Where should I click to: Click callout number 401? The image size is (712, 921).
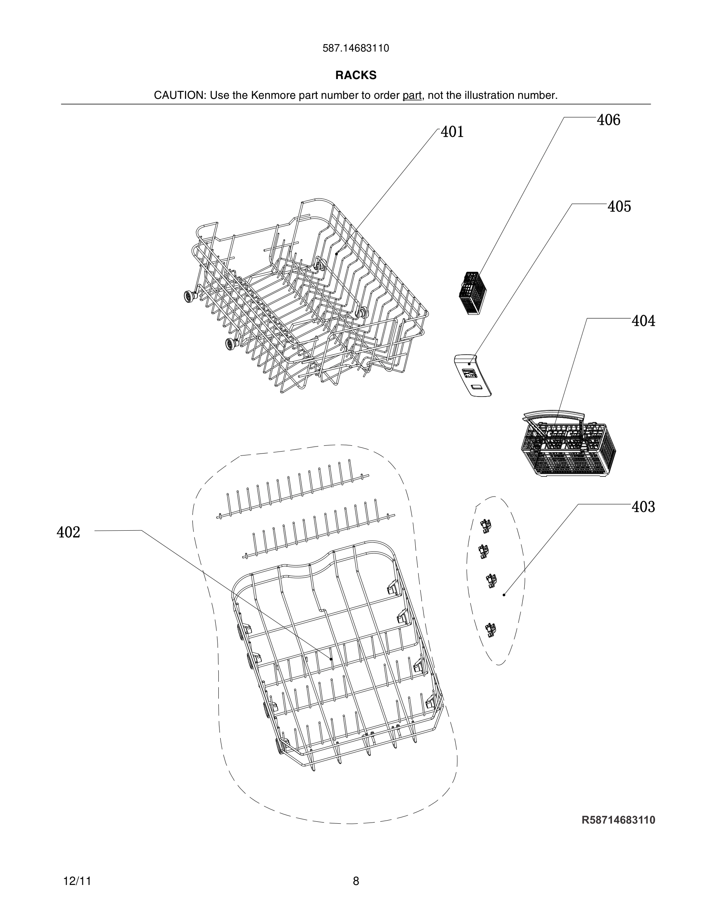coord(452,132)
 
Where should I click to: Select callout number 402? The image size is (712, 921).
coord(68,532)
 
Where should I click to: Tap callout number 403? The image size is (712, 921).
coord(643,507)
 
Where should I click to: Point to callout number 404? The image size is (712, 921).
coord(643,321)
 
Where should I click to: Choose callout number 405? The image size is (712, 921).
coord(619,206)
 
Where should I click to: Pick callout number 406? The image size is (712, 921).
coord(608,120)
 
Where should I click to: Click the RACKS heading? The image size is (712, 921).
coord(356,75)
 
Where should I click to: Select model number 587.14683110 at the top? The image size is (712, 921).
coord(356,48)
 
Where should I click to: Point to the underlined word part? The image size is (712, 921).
coord(412,95)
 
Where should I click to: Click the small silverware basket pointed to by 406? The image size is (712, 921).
coord(472,293)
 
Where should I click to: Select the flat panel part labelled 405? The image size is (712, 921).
coord(472,375)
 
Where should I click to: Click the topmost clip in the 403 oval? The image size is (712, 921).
coord(486,524)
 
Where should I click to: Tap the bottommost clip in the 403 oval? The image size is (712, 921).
coord(490,630)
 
